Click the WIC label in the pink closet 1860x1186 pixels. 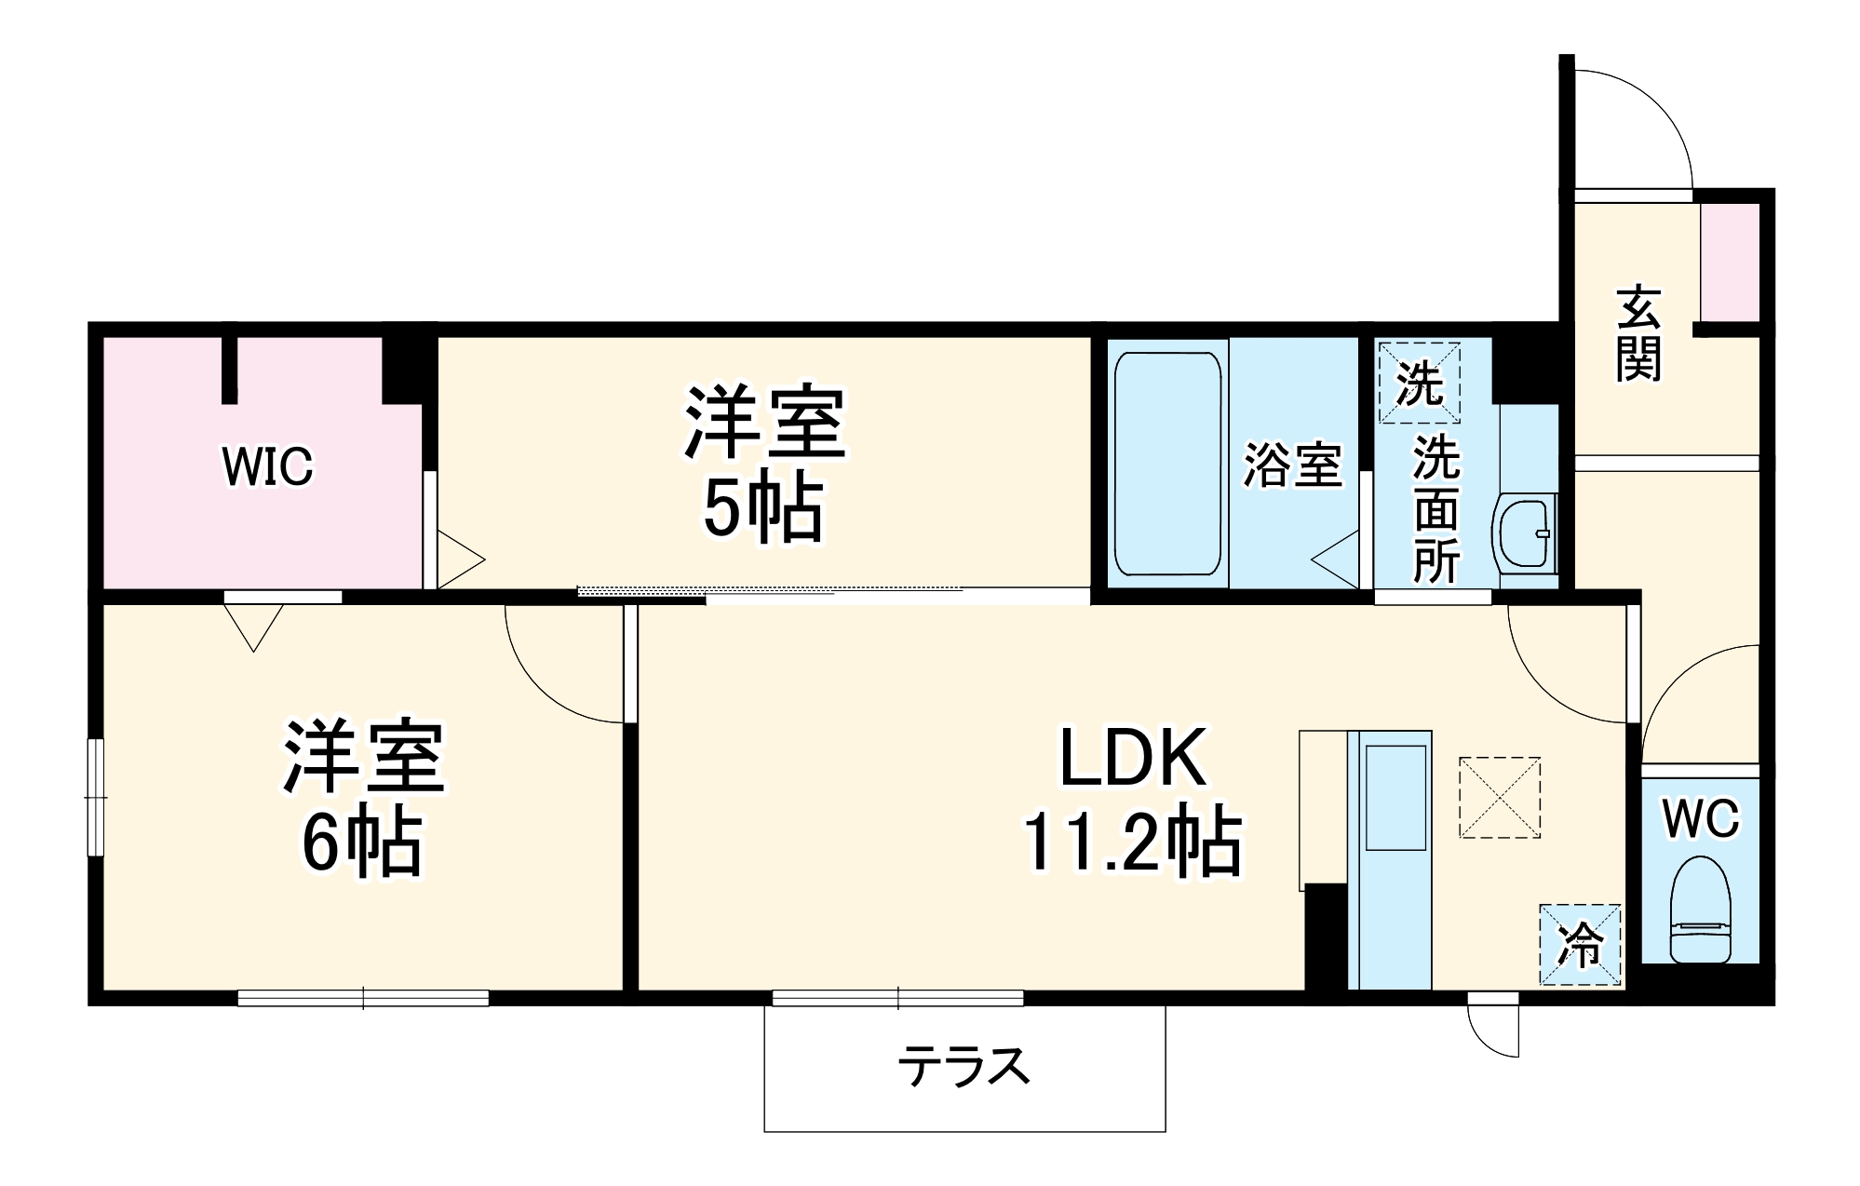tap(267, 466)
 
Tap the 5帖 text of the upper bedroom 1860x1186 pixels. tap(762, 509)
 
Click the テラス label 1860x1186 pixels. tap(964, 1067)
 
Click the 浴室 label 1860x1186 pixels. tap(1293, 465)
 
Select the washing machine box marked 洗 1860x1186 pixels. tap(1419, 383)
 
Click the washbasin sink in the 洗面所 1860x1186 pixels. tap(1524, 534)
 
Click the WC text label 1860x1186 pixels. tap(1700, 819)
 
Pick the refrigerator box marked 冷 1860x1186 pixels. tap(1580, 944)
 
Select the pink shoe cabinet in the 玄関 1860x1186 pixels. tap(1730, 263)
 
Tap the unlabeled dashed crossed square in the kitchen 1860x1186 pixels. tap(1499, 797)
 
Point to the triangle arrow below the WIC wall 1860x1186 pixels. tap(253, 626)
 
